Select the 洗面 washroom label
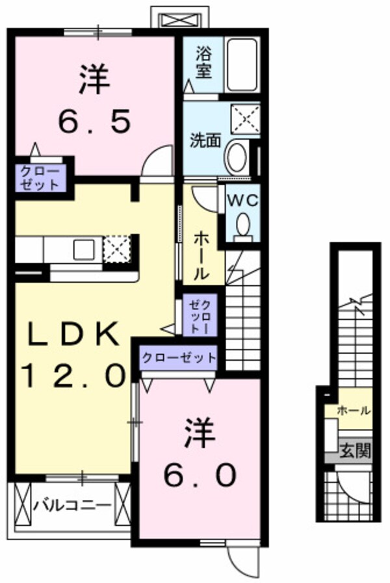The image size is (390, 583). [205, 140]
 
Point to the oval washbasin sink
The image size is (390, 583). [236, 156]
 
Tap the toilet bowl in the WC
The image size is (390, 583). [243, 226]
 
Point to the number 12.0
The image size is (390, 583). [72, 375]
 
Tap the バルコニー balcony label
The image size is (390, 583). [72, 504]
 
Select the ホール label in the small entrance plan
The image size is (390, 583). [354, 411]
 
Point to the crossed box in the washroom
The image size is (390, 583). [245, 119]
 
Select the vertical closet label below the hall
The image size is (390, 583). [199, 317]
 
